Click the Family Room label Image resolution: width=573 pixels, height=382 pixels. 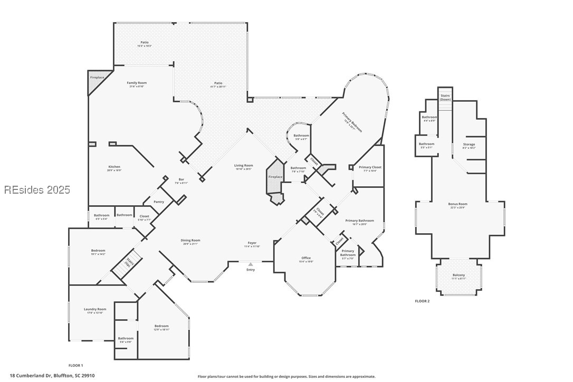(x=137, y=83)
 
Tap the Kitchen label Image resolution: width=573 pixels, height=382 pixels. (x=114, y=167)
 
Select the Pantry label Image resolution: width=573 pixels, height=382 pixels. (x=159, y=202)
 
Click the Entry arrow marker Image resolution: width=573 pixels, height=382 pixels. (x=251, y=264)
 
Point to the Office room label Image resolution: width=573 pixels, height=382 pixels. (x=306, y=258)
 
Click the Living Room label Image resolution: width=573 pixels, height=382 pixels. (x=244, y=166)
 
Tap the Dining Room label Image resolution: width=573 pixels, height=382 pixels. (x=192, y=240)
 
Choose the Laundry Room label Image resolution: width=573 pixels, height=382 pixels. (x=95, y=309)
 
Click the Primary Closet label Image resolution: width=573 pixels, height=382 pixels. (x=370, y=167)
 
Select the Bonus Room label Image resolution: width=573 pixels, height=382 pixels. (x=458, y=204)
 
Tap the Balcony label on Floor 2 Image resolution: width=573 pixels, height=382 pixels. (x=459, y=275)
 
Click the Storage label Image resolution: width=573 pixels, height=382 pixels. (x=469, y=144)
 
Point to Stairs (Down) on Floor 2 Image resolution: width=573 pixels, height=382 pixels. (x=445, y=98)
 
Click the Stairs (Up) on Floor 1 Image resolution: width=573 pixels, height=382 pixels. (x=127, y=262)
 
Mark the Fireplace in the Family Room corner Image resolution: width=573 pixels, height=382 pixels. (x=97, y=78)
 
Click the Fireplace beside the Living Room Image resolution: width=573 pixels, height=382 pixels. (x=275, y=177)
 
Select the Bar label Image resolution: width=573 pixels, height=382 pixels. (x=181, y=179)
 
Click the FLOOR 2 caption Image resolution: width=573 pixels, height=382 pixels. (x=422, y=301)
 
